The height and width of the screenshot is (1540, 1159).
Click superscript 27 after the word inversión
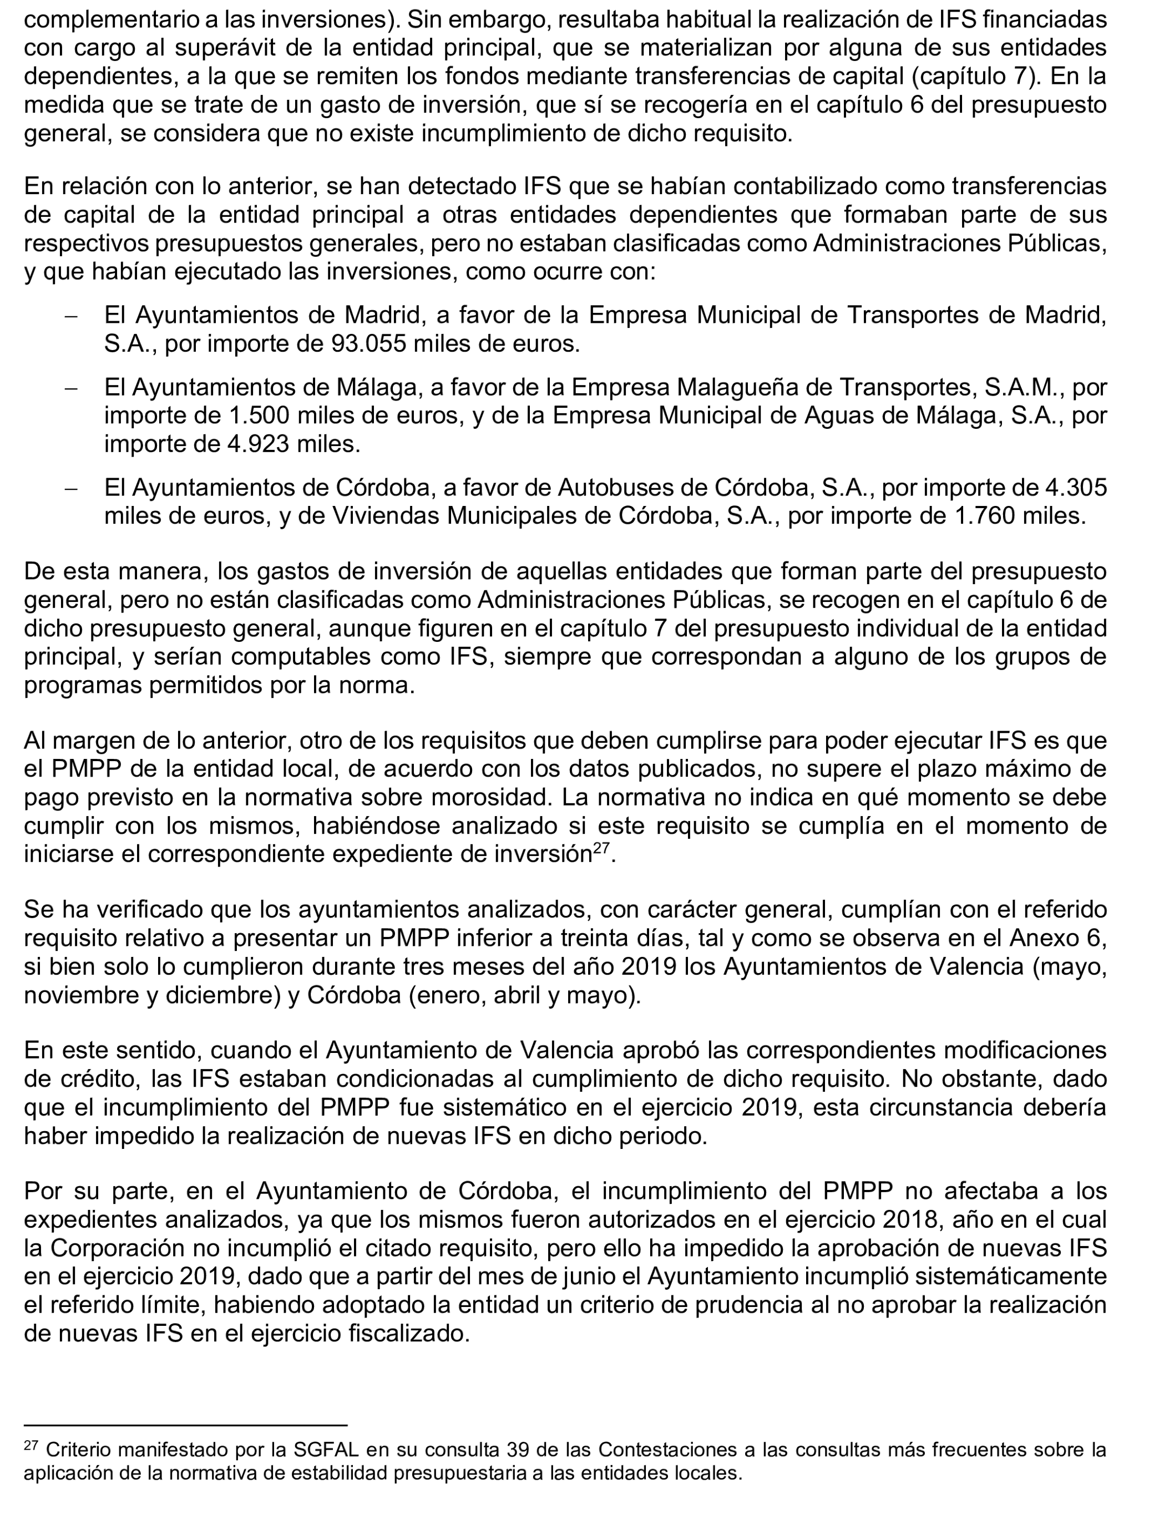[x=601, y=849]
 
